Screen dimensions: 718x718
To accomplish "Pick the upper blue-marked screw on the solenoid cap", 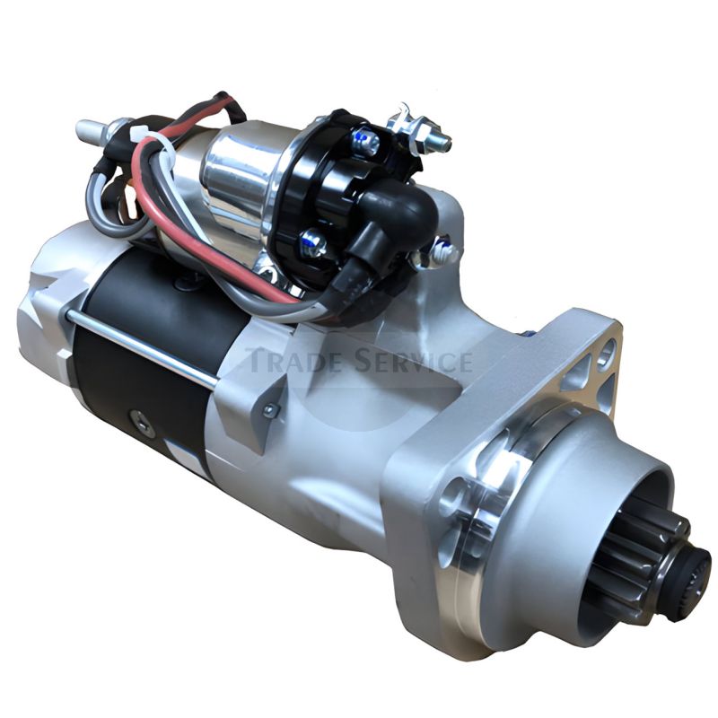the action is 366,140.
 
